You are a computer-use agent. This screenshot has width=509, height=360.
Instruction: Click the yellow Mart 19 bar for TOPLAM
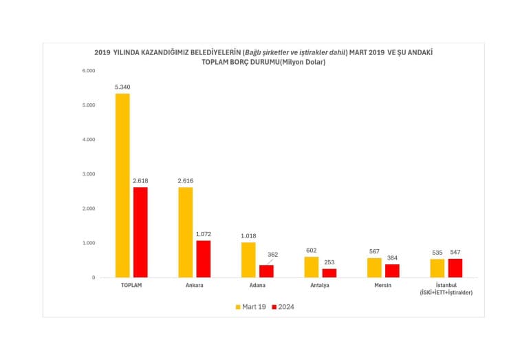122,185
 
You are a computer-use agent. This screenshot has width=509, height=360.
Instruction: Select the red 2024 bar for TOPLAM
140,232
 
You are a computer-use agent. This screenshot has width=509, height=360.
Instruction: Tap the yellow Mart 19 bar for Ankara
186,232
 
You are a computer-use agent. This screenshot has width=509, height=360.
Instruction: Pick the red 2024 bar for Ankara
204,259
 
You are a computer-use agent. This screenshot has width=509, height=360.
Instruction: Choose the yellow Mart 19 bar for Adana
248,260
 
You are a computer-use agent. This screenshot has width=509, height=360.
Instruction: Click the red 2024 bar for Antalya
329,273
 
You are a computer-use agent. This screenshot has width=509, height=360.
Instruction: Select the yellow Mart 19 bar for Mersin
374,267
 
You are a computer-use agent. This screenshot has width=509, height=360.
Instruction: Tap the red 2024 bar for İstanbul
455,268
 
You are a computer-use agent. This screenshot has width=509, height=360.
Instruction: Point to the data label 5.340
122,87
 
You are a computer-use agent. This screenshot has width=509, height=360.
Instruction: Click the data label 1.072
204,234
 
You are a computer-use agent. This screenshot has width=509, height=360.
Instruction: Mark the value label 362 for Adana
273,254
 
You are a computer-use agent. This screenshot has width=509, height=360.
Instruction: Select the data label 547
455,253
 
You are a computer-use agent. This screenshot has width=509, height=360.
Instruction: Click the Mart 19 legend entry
250,307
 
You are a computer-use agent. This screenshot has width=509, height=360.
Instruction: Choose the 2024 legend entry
283,307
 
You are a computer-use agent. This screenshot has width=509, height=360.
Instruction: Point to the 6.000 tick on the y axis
88,71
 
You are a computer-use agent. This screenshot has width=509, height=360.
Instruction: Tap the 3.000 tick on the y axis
88,174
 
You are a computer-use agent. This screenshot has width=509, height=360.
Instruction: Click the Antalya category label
321,286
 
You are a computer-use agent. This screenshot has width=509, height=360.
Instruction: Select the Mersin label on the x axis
383,286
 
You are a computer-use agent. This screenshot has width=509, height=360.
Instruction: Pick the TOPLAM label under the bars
131,286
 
